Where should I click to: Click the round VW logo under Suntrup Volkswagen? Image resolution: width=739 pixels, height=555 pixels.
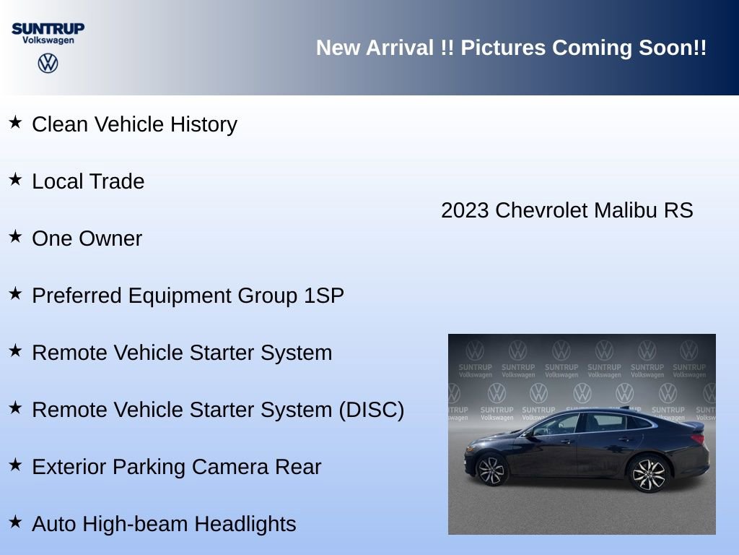pos(48,64)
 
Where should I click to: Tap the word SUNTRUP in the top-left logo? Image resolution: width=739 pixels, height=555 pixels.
pos(48,28)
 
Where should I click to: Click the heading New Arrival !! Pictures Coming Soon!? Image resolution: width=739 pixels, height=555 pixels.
pos(511,48)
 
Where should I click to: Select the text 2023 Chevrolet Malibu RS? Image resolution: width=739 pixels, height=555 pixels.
pos(567,210)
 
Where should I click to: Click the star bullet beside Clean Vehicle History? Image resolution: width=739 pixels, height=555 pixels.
pos(15,122)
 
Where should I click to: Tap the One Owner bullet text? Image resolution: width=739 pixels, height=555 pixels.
pos(87,238)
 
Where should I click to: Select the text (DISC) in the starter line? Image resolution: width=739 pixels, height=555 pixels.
pos(371,410)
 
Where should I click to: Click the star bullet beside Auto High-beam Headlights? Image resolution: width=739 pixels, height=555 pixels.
pos(15,522)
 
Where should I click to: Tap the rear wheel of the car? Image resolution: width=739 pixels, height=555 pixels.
pos(648,473)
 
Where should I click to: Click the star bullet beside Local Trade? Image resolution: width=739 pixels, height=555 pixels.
pos(15,179)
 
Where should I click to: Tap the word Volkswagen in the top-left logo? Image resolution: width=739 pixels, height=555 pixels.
pos(48,40)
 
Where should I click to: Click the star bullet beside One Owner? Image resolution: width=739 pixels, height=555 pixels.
pos(15,236)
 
